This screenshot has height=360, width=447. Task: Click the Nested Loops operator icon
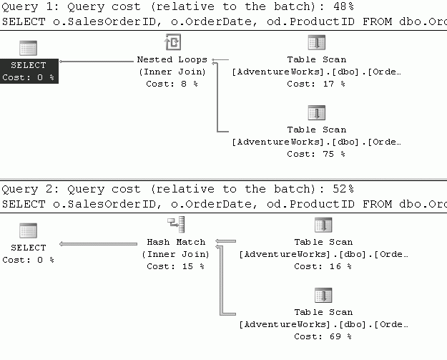(x=173, y=42)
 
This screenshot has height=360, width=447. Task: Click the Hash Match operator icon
(x=176, y=225)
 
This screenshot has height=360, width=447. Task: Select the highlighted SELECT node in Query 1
(x=29, y=71)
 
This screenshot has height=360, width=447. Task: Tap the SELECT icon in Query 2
(x=28, y=230)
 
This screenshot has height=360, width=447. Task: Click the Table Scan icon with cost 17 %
(x=317, y=42)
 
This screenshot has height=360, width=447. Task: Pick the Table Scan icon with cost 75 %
(x=317, y=112)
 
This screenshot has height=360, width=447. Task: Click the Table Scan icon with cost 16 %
(x=323, y=225)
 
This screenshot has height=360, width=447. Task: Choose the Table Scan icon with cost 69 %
(x=323, y=295)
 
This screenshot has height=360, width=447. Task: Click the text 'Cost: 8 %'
(x=172, y=84)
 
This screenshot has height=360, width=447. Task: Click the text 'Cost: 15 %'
(x=176, y=266)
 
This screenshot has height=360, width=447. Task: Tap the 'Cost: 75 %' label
(x=316, y=154)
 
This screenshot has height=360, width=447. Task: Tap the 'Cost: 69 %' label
(x=323, y=336)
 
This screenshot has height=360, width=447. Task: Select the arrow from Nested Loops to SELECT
(x=97, y=62)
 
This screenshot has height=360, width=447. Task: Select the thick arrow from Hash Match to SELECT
(x=99, y=244)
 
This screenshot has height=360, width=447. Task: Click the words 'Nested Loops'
(x=172, y=59)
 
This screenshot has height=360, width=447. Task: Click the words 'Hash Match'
(x=176, y=242)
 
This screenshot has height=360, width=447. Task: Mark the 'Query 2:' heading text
(x=31, y=189)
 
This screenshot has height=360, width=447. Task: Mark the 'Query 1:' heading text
(x=31, y=6)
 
